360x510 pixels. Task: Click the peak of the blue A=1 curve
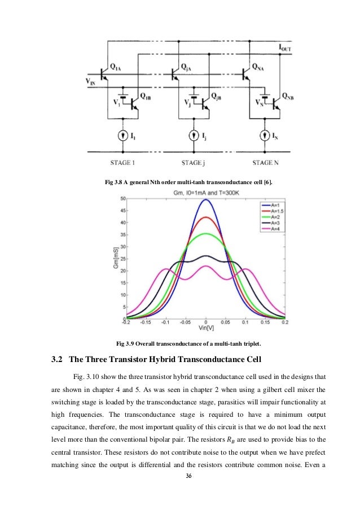coord(207,199)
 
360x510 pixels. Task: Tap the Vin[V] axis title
coord(206,329)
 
